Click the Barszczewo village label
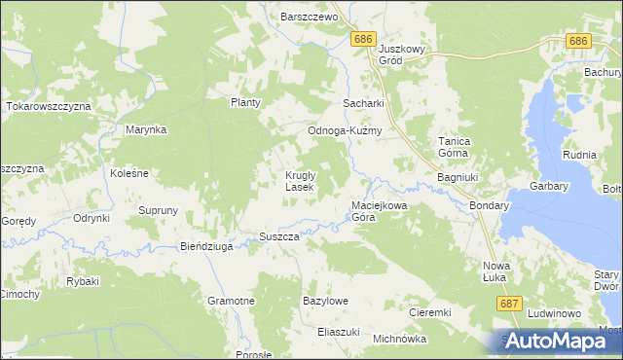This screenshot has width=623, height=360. (308, 18)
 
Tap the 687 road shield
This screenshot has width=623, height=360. (507, 305)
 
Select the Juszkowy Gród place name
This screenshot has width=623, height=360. (404, 54)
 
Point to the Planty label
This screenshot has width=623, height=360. (246, 102)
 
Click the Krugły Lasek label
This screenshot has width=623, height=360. (298, 181)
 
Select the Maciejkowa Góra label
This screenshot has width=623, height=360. (378, 212)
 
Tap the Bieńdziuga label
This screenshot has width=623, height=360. (206, 247)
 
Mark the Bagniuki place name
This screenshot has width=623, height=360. (457, 179)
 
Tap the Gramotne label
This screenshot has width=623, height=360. (231, 302)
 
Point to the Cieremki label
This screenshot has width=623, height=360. (429, 313)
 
